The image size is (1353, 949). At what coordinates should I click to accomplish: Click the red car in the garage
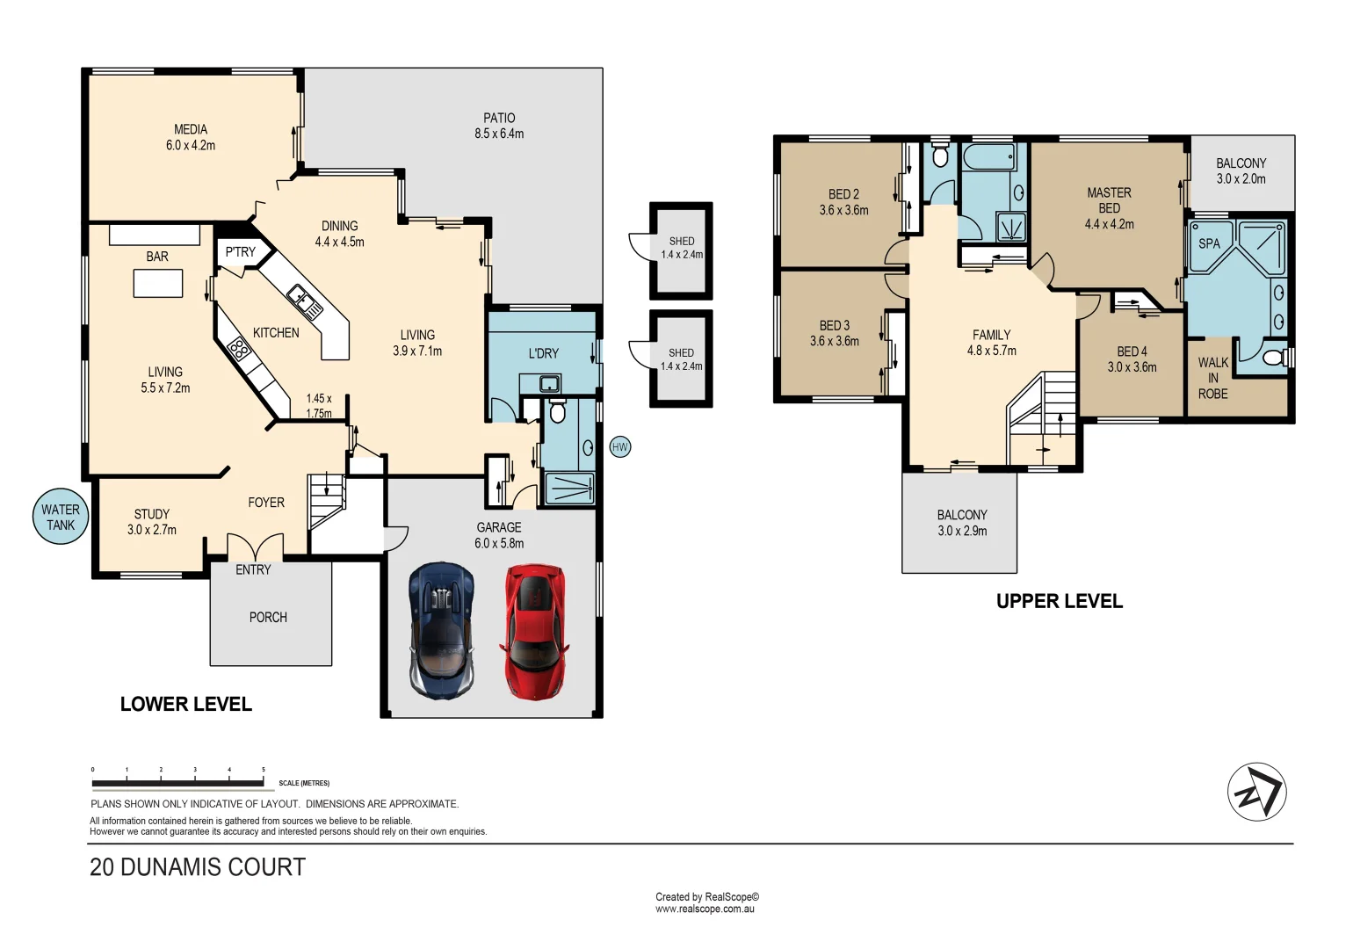click(x=533, y=631)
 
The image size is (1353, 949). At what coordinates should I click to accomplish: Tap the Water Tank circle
click(x=61, y=517)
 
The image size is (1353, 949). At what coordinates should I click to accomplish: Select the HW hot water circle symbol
click(x=620, y=447)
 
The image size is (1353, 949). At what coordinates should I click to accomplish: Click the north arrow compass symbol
click(x=1256, y=792)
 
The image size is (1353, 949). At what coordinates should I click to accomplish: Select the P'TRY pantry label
click(x=240, y=252)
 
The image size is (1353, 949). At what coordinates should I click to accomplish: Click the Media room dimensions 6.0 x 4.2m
click(x=191, y=146)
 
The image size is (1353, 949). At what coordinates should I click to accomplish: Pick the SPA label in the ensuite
click(x=1209, y=243)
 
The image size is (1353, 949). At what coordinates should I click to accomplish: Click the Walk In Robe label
click(x=1213, y=378)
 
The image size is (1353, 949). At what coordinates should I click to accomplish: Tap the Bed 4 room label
click(x=1132, y=351)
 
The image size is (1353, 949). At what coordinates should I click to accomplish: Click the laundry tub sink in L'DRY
click(x=550, y=383)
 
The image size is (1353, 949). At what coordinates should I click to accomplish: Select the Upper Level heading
click(x=1059, y=601)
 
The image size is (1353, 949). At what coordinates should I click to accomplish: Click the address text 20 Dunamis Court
click(x=198, y=867)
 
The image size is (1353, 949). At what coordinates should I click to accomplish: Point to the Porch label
click(x=268, y=618)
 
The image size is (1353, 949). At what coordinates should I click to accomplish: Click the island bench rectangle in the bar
click(x=158, y=284)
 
